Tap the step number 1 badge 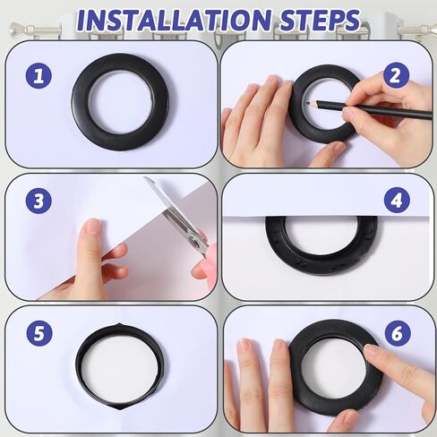38,76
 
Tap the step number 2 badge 396,75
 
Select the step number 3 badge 38,201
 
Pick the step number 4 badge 395,200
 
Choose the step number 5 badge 39,334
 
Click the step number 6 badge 395,334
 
